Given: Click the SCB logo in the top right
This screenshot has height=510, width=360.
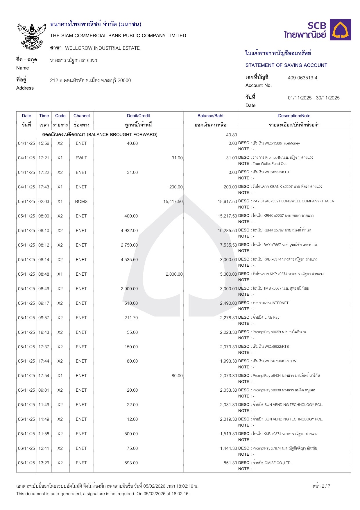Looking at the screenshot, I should (x=318, y=30).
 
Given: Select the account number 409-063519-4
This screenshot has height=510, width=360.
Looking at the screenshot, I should (x=302, y=78).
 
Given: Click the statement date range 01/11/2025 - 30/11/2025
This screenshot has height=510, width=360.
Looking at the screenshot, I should (x=314, y=98).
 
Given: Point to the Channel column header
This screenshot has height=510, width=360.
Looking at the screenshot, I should (x=81, y=116).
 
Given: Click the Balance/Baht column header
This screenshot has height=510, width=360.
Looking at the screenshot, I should (x=210, y=116).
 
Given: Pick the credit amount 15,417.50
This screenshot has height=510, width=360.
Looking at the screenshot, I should (x=173, y=201).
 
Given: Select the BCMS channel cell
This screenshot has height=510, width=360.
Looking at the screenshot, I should (x=81, y=201).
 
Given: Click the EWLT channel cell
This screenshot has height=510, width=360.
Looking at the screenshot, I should (x=81, y=158).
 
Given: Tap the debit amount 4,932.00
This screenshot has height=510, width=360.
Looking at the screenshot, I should (x=129, y=231).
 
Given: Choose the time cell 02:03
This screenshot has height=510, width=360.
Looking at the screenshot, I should (x=44, y=201).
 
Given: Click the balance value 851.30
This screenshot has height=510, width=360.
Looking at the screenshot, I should (x=230, y=463).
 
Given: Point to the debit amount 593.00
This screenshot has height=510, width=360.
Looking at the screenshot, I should (x=131, y=463).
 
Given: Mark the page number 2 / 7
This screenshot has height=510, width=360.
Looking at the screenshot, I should (x=321, y=486).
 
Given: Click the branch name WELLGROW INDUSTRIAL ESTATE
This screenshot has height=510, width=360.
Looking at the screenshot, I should (x=102, y=48).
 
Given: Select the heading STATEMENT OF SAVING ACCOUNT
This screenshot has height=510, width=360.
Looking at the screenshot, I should (x=286, y=65).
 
